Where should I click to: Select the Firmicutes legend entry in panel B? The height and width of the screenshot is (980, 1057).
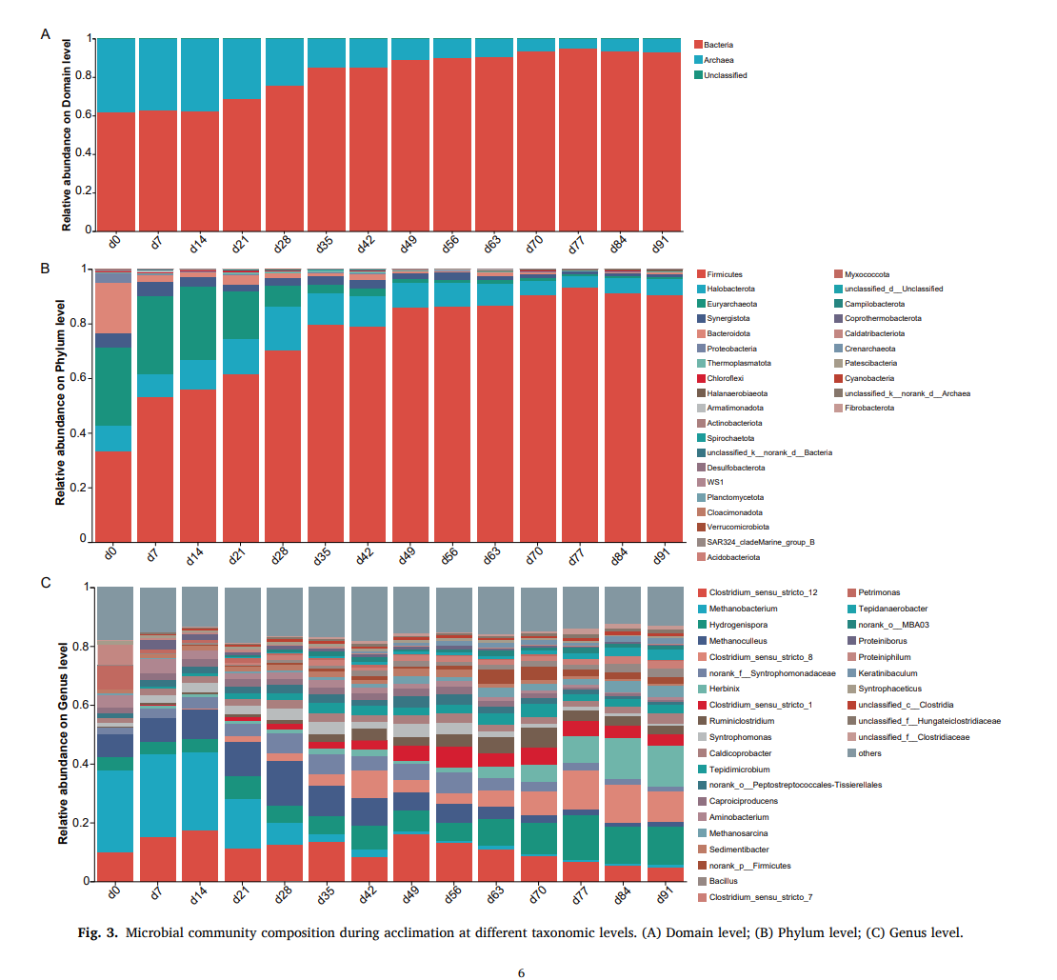pyautogui.click(x=725, y=274)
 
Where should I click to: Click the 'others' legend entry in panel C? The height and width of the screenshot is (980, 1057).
pyautogui.click(x=869, y=753)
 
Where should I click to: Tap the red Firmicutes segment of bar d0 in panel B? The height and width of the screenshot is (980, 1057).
pyautogui.click(x=113, y=495)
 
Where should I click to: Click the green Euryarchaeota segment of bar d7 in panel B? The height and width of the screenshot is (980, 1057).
pyautogui.click(x=155, y=333)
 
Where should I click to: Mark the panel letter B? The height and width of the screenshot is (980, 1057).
pyautogui.click(x=45, y=269)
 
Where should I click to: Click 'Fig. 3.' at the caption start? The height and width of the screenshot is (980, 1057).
pyautogui.click(x=96, y=932)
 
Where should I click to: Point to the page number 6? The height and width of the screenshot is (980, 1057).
pyautogui.click(x=521, y=972)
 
